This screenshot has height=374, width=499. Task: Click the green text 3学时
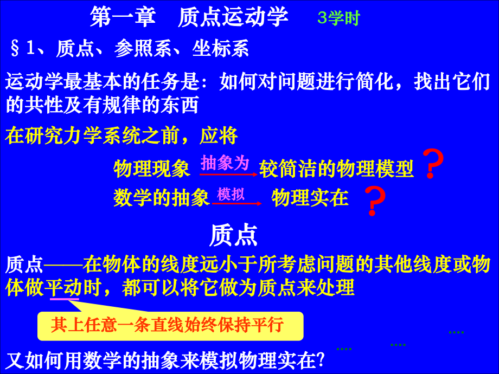pyautogui.click(x=338, y=18)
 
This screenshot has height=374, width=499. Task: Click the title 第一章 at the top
pyautogui.click(x=123, y=17)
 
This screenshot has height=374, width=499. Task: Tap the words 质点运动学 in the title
pyautogui.click(x=233, y=17)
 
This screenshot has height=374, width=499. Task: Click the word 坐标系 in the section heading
pyautogui.click(x=221, y=49)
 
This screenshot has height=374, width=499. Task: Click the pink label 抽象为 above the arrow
pyautogui.click(x=225, y=163)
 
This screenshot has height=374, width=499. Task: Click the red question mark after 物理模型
pyautogui.click(x=432, y=164)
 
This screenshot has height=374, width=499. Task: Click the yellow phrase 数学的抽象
pyautogui.click(x=162, y=198)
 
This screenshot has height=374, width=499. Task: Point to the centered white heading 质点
pyautogui.click(x=233, y=236)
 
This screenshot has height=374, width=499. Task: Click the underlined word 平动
pyautogui.click(x=64, y=287)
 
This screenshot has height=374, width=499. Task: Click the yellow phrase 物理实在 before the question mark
pyautogui.click(x=310, y=198)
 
